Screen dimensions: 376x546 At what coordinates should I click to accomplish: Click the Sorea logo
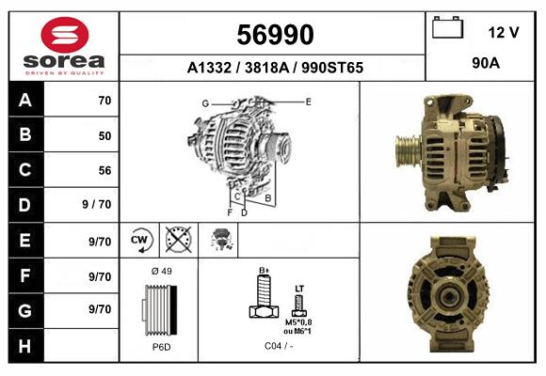(64, 45)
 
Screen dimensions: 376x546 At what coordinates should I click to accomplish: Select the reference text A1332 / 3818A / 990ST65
(275, 69)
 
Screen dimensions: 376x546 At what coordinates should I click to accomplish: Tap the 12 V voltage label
(504, 33)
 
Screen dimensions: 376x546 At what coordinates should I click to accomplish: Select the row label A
(25, 101)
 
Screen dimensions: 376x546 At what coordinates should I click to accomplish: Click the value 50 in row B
(104, 135)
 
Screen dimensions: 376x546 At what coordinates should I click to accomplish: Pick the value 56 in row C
(104, 170)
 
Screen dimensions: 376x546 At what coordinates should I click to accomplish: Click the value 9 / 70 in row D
(98, 204)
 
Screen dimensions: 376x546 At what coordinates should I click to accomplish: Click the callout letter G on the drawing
(204, 102)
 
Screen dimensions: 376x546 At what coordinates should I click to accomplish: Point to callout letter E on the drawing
(308, 100)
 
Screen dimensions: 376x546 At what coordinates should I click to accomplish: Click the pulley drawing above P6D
(158, 309)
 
